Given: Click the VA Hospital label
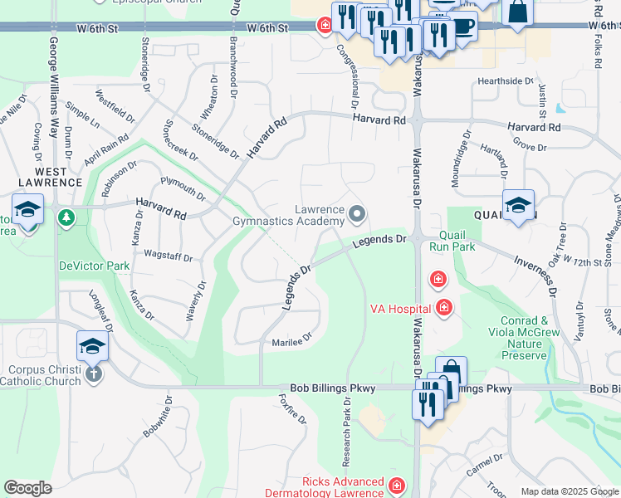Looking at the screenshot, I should pos(400,309).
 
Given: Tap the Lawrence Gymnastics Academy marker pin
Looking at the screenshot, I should pos(358,215).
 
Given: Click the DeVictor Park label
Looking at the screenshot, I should pos(94,266).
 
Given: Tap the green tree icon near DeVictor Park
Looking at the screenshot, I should pos(66,218).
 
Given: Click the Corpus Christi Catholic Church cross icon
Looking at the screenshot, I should pos(93,373).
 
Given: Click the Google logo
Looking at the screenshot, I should pos(27,488).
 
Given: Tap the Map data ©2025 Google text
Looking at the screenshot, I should pos(570,491).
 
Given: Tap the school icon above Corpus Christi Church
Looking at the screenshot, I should pos(92,344).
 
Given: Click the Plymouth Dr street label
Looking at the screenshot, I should pos(183,188).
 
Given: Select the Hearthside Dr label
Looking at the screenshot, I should pos(505,81).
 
